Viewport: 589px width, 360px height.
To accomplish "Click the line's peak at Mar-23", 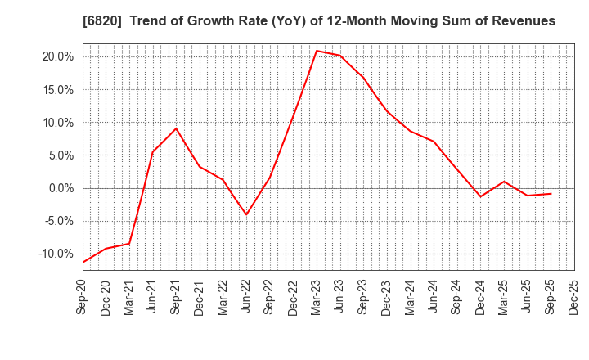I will [x=317, y=51].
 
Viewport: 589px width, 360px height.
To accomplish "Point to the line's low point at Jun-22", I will [x=246, y=215].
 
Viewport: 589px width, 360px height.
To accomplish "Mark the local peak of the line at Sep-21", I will [x=176, y=128].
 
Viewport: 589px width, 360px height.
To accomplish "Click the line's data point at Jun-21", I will [x=153, y=151].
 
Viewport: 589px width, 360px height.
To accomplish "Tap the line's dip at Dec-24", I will [x=480, y=196].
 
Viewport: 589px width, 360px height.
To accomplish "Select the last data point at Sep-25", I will [x=551, y=194].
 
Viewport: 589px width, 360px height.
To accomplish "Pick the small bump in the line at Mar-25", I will [x=504, y=182].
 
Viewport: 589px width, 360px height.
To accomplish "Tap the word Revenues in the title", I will [x=520, y=21].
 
